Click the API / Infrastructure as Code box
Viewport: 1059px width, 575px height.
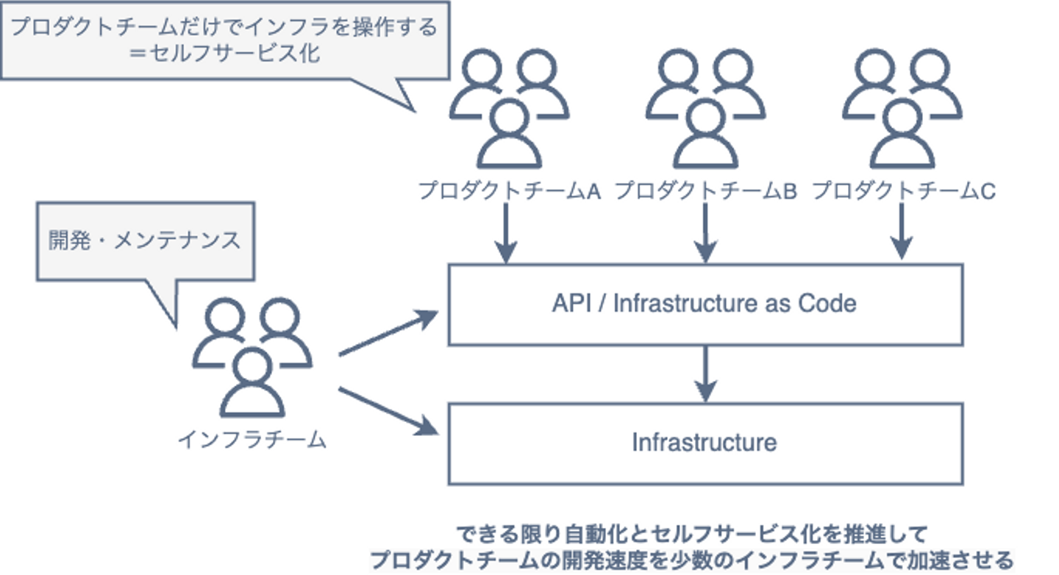(705, 304)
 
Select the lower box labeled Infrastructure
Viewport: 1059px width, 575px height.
(705, 443)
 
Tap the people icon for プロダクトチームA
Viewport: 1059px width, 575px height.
(509, 109)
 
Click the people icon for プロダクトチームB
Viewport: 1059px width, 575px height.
(705, 109)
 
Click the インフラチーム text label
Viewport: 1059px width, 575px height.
(252, 440)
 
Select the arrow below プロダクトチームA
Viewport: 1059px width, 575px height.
(507, 232)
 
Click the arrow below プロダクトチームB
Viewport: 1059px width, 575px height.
(705, 232)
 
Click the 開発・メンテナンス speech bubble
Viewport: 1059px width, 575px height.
(145, 240)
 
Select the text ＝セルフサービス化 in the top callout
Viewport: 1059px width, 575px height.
(227, 54)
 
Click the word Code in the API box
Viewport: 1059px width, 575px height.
(829, 304)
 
